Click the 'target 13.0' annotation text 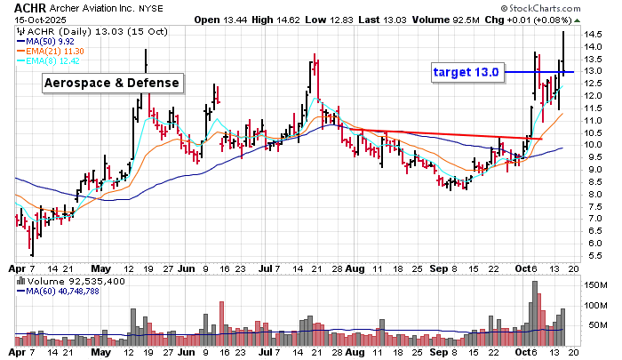tap(468, 72)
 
